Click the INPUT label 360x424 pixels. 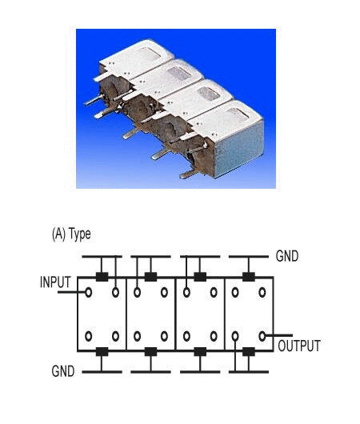[55, 282]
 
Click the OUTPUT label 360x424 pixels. [299, 346]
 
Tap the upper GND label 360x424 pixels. [287, 256]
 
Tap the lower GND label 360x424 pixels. [63, 371]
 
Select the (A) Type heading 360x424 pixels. [71, 234]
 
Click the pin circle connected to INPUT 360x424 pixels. [88, 292]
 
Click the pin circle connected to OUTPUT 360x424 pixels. [262, 336]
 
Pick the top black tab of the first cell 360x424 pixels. [102, 277]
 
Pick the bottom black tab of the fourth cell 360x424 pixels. [249, 352]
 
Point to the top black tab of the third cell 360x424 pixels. [200, 277]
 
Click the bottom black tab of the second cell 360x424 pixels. [150, 352]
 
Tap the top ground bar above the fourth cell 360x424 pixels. [249, 256]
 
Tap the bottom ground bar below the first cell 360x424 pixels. [102, 372]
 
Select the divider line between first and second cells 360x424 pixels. [126, 314]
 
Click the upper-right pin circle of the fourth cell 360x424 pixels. [262, 292]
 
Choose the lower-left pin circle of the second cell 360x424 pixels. [137, 336]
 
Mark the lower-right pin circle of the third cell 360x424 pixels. [214, 336]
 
